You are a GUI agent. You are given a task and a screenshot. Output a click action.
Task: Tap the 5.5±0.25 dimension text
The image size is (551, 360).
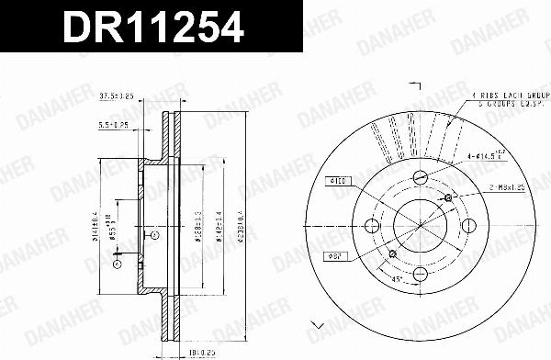coord(115,128)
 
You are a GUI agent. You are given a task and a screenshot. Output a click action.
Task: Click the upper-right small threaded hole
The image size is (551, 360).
coord(447,198)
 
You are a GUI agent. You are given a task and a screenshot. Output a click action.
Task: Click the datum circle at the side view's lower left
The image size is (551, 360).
coord(118,264)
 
